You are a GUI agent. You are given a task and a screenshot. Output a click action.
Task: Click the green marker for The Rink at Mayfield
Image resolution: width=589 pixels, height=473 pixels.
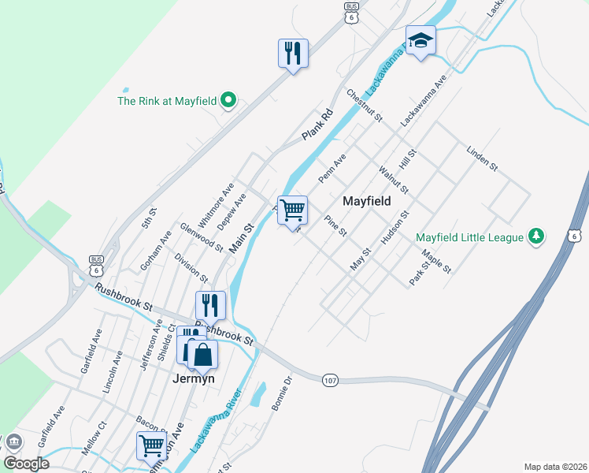tap(228, 100)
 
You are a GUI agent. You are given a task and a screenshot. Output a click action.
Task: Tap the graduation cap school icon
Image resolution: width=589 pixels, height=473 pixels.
tap(420, 40)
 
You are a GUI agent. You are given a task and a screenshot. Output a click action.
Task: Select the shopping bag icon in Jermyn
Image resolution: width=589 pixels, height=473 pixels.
tap(202, 354)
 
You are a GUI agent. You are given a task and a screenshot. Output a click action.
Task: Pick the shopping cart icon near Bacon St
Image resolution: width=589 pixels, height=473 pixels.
tap(150, 445)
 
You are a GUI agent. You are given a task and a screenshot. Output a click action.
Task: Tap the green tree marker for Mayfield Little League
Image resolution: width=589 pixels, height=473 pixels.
tap(535, 236)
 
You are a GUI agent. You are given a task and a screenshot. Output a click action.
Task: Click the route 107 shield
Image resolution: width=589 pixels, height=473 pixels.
tap(331, 381)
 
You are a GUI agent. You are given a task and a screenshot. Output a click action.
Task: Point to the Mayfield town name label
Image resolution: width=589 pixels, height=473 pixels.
tap(367, 201)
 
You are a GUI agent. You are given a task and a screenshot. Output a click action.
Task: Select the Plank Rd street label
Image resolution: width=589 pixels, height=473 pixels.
tap(318, 125)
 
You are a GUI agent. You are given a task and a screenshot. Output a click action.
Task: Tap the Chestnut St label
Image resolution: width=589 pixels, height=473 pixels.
tap(365, 106)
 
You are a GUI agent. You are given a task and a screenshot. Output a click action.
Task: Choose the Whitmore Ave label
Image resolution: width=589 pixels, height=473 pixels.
tap(218, 203)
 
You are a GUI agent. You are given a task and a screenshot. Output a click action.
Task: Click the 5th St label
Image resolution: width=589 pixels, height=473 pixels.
tap(150, 217)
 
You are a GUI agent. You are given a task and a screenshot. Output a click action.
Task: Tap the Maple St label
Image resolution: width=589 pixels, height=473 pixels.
tap(436, 263)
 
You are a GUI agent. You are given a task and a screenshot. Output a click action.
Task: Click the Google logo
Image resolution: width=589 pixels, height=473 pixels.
tap(26, 464)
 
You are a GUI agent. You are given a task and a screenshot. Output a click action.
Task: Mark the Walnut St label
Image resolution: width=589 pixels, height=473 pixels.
tap(394, 179)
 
